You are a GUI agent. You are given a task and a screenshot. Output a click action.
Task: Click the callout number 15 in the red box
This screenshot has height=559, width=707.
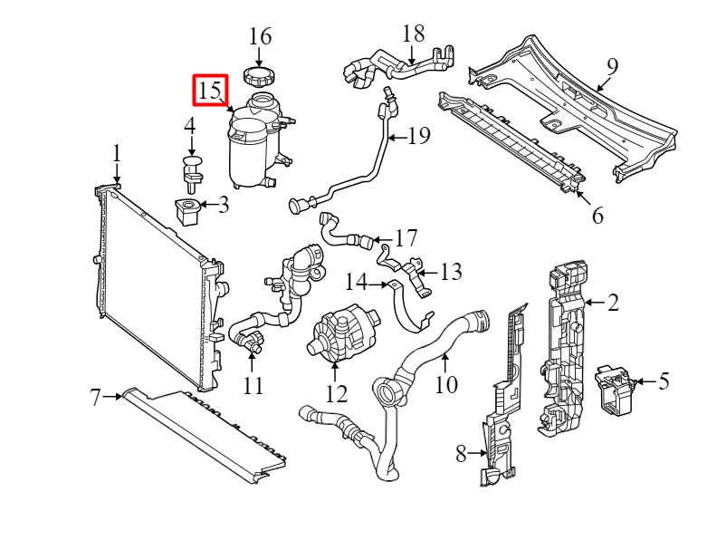pos(209,91)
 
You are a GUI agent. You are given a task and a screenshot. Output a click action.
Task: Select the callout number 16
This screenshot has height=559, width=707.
pos(260,36)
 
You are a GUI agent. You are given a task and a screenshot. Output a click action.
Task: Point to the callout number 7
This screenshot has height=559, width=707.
pos(95,396)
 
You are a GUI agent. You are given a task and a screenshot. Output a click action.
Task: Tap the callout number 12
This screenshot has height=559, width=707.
pos(336,393)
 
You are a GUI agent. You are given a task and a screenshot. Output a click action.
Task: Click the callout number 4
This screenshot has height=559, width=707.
pos(190,125)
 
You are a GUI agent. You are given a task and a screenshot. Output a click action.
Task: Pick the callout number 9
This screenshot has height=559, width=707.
pos(612,66)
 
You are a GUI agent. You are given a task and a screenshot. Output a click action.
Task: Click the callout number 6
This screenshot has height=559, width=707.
pos(597,216)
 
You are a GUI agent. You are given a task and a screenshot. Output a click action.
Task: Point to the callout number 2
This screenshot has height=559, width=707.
pos(613,302)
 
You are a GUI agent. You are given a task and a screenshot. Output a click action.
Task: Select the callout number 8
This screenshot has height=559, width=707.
pos(461,453)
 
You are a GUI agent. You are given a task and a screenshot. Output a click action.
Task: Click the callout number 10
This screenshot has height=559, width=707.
pos(446,384)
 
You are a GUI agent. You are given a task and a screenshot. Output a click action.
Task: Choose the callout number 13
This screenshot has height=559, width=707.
pos(450,271)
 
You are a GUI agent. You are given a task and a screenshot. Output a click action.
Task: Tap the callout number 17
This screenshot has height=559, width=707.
pos(406,239)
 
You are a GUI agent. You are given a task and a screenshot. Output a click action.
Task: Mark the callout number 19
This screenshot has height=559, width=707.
pos(417,137)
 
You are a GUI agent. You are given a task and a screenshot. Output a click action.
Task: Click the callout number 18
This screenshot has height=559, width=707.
pos(413,34)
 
